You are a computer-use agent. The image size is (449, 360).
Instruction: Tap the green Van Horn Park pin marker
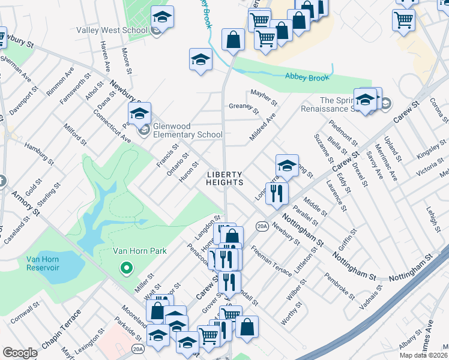tap(126, 268)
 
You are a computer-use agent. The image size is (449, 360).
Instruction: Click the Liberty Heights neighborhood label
tap(225, 178)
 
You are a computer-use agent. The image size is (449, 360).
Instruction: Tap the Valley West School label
tap(112, 30)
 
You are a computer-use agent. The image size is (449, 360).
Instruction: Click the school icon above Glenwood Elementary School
tap(139, 113)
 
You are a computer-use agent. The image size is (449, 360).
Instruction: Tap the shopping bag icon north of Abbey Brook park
tap(233, 40)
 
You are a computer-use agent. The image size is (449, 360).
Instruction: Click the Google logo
tap(20, 353)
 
